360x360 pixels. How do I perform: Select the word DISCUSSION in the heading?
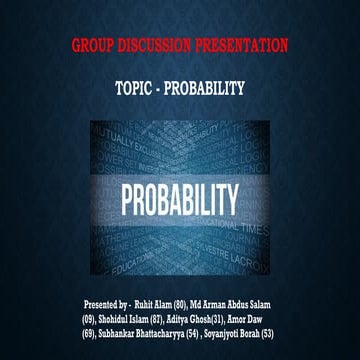pyautogui.click(x=159, y=45)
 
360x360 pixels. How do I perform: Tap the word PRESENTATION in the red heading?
pyautogui.click(x=244, y=45)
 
